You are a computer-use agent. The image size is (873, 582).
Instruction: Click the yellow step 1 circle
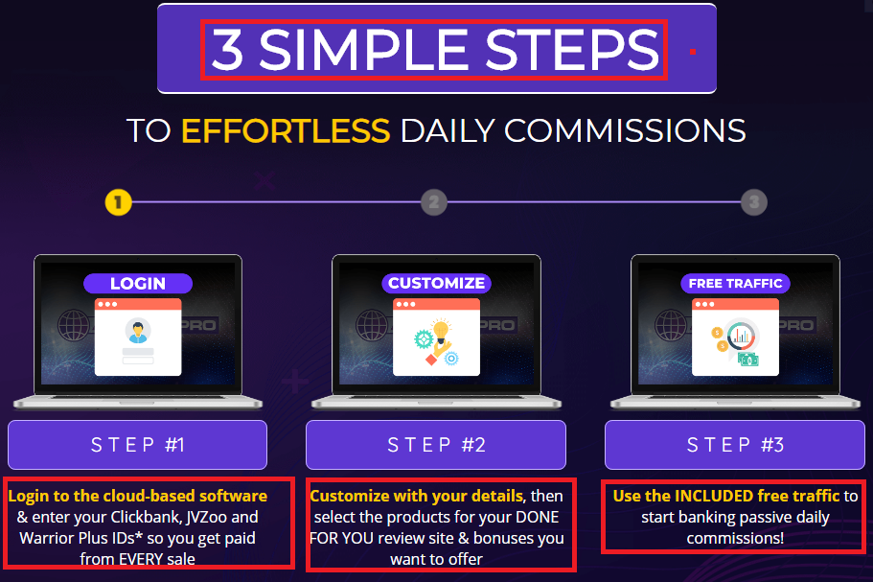pos(118,202)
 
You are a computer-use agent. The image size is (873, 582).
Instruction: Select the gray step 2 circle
pos(434,202)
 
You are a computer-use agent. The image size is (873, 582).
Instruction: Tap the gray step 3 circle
pos(754,202)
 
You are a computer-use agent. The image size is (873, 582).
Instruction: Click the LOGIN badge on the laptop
pos(138,284)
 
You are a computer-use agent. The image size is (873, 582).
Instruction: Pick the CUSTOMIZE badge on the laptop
pos(437,284)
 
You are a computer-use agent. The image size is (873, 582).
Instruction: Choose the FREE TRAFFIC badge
pos(735,284)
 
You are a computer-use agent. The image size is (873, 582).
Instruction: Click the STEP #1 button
pos(138,445)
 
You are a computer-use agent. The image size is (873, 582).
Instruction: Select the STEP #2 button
pos(436,445)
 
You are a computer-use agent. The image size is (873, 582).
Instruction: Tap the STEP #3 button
pos(735,445)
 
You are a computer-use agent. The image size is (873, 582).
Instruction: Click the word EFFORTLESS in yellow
pos(286,131)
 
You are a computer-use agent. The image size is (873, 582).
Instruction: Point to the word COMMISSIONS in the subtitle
pos(625,131)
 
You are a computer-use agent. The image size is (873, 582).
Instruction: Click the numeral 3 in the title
pos(227,50)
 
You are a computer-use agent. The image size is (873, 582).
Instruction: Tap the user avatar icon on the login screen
pos(138,330)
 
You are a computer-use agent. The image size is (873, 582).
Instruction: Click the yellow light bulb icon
pos(441,332)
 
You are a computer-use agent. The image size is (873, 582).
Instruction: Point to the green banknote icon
pos(748,360)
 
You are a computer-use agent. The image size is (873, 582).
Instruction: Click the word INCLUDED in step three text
pos(714,496)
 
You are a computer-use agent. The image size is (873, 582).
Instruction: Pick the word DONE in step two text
pos(538,517)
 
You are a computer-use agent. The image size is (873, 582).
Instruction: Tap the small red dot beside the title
pos(693,52)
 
